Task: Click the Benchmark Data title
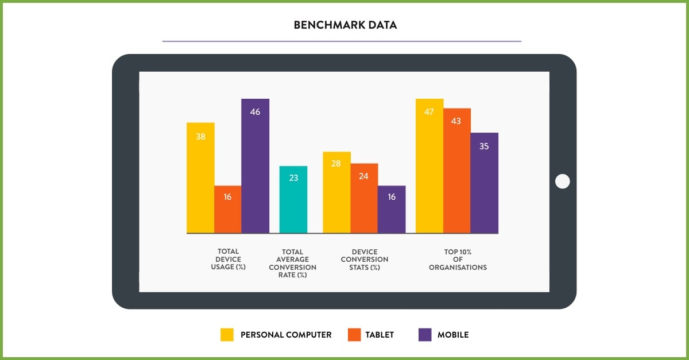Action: pyautogui.click(x=345, y=25)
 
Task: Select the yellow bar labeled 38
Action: pyautogui.click(x=200, y=178)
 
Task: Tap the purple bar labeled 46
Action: pyautogui.click(x=255, y=167)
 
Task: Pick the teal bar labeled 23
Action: pyautogui.click(x=293, y=200)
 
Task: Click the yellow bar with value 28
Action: pyautogui.click(x=336, y=192)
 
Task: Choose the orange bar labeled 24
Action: pyautogui.click(x=364, y=198)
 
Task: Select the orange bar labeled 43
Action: pyautogui.click(x=456, y=171)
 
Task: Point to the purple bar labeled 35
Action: pyautogui.click(x=484, y=183)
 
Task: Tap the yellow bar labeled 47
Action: pyautogui.click(x=429, y=166)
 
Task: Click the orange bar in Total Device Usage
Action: pyautogui.click(x=227, y=210)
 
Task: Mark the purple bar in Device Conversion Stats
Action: pyautogui.click(x=392, y=210)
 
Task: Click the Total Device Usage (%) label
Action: pyautogui.click(x=228, y=259)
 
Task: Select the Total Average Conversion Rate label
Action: pyautogui.click(x=293, y=263)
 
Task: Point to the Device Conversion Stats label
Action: pyautogui.click(x=364, y=259)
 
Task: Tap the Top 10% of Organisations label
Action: pyautogui.click(x=458, y=259)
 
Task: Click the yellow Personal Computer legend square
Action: pyautogui.click(x=227, y=335)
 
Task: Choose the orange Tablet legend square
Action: pyautogui.click(x=354, y=335)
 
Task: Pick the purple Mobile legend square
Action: pyautogui.click(x=425, y=335)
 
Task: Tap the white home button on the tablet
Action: pyautogui.click(x=563, y=181)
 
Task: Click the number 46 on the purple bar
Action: pyautogui.click(x=255, y=112)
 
